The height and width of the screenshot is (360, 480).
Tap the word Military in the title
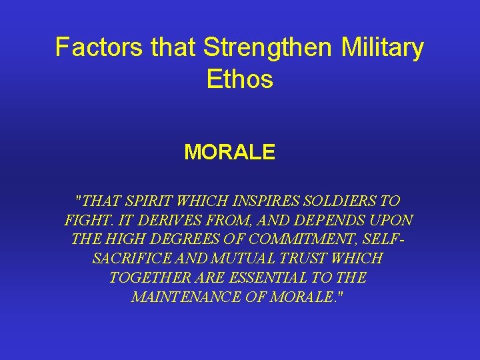pyautogui.click(x=383, y=48)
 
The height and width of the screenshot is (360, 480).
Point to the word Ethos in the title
pyautogui.click(x=240, y=80)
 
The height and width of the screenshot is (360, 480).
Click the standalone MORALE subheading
pyautogui.click(x=229, y=153)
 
